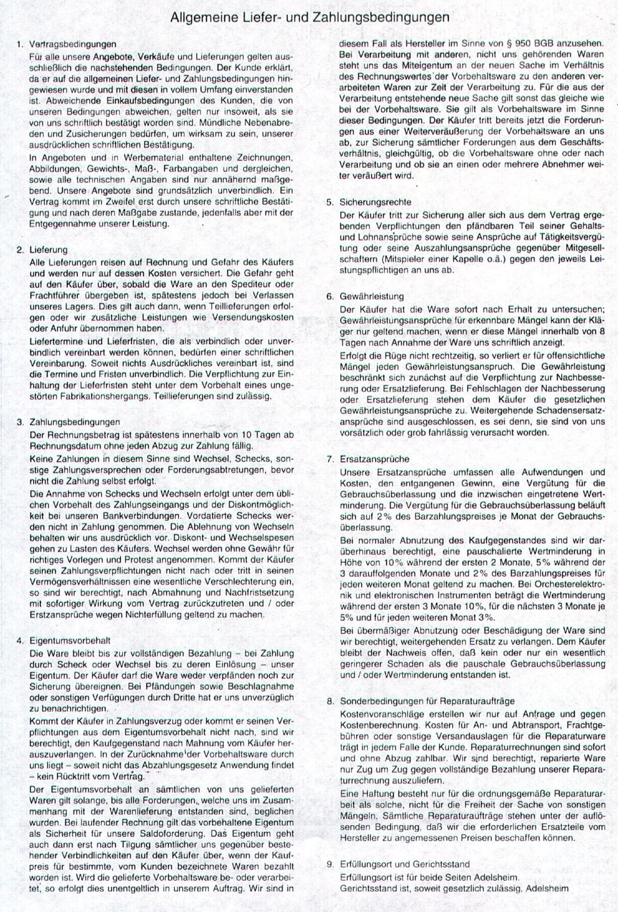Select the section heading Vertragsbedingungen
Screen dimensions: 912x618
click(x=73, y=44)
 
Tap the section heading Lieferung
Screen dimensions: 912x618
click(x=48, y=250)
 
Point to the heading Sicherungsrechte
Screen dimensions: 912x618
click(x=375, y=202)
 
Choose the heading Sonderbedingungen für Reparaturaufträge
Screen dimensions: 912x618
click(x=427, y=701)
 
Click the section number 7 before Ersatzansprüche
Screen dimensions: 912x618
click(x=330, y=459)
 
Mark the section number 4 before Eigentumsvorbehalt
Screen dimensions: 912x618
click(x=19, y=641)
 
